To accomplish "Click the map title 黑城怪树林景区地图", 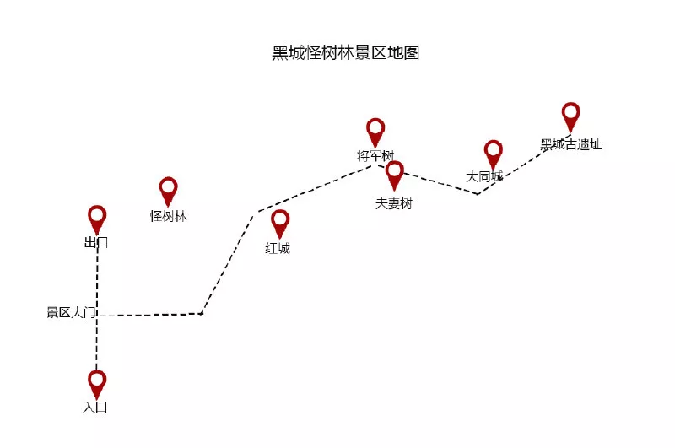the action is tap(345, 52).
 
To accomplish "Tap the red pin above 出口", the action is tap(97, 219).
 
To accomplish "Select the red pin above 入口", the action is tap(97, 385).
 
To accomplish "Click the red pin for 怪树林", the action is tap(168, 192).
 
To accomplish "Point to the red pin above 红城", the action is tap(280, 224).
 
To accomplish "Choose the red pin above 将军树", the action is tap(375, 132).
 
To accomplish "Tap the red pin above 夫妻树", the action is tap(395, 175).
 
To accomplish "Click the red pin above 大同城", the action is tap(494, 154).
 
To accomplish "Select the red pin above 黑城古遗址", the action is tap(571, 117).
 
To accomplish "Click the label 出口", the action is tap(96, 243).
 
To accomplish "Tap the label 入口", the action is tap(95, 407).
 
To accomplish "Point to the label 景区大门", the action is tap(72, 312).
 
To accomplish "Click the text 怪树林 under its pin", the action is tap(168, 216).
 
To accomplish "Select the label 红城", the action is tap(278, 248).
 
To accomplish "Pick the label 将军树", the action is tap(375, 155).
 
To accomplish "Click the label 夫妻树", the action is tap(394, 203).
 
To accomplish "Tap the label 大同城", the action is tap(484, 176).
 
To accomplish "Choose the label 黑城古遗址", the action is tap(571, 144).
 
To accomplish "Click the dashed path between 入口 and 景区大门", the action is tap(97, 343).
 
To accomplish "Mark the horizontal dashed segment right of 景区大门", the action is tap(150, 315).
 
